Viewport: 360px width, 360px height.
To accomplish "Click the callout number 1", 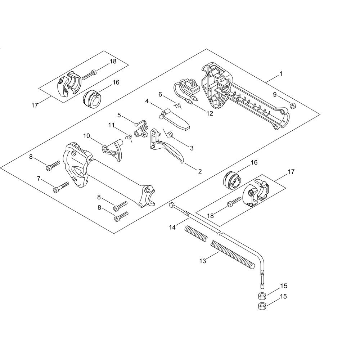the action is (x=280, y=74).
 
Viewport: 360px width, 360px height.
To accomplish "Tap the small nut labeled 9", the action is (x=292, y=106).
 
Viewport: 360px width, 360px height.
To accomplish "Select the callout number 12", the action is (x=210, y=113).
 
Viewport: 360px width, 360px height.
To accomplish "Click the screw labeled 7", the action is (x=61, y=186).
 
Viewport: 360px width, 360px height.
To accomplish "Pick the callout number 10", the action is (x=86, y=136).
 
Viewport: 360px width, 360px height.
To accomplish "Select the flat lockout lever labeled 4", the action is (x=175, y=119).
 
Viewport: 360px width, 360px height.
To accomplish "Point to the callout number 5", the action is (x=119, y=115).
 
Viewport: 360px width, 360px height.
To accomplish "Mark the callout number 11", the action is (x=111, y=125).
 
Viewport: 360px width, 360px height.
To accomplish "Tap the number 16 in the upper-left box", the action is (x=116, y=82).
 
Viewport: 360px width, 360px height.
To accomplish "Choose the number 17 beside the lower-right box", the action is (x=291, y=171).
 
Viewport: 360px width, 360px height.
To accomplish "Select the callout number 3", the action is (x=192, y=148).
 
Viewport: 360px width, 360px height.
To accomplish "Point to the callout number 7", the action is (x=39, y=179).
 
